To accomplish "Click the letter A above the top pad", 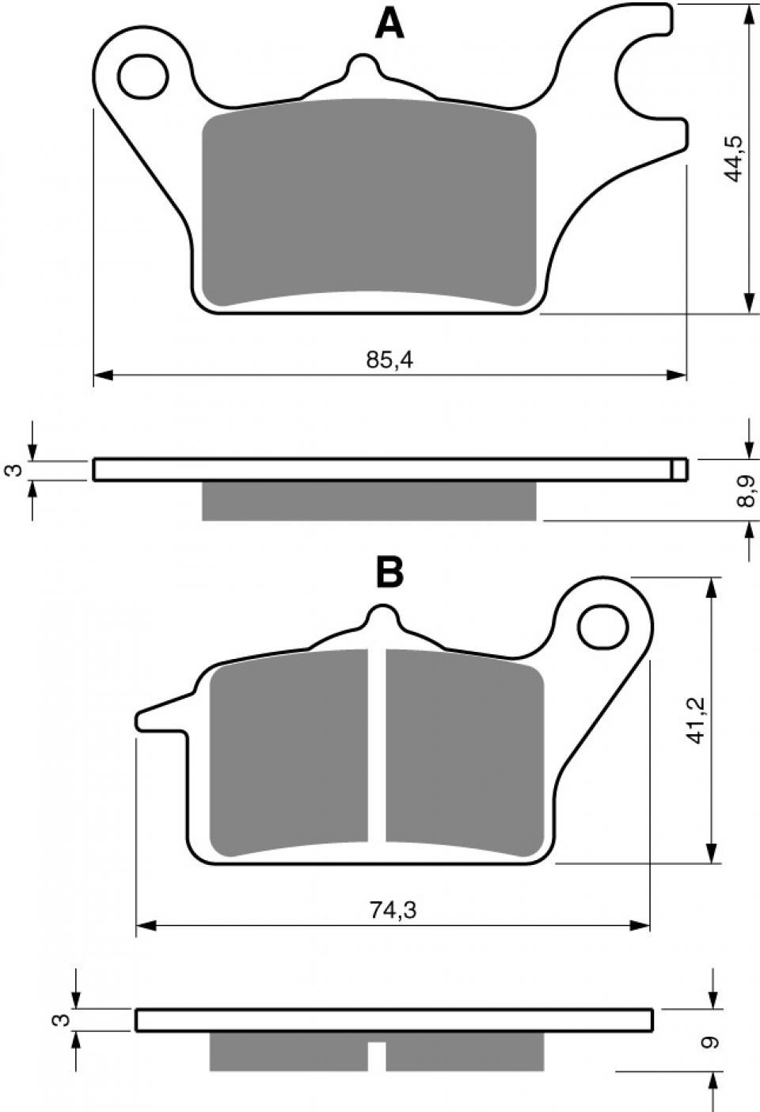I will coord(389,24).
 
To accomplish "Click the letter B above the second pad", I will coord(389,572).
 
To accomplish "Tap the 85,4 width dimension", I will coord(390,360).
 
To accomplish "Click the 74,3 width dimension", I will coord(392,911).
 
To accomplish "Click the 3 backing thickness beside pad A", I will coord(10,470).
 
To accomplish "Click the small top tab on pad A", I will coord(363,67).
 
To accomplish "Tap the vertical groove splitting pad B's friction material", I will coord(377,745).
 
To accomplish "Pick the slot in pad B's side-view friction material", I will coord(377,1056).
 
